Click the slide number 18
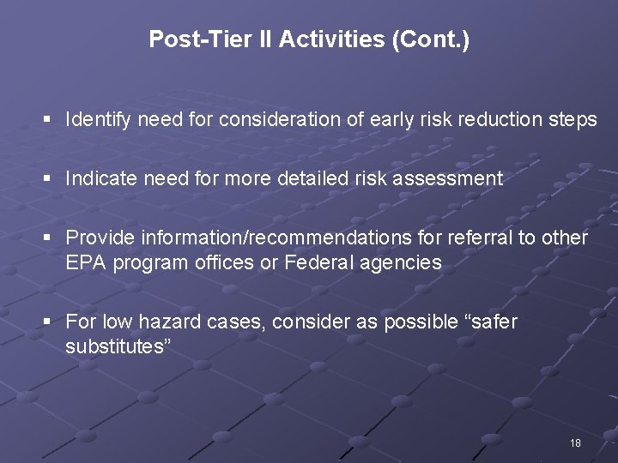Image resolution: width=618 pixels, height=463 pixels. click(x=575, y=443)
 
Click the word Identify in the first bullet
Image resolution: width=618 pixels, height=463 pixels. click(x=97, y=120)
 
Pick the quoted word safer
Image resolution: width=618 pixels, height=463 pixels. click(x=489, y=322)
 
